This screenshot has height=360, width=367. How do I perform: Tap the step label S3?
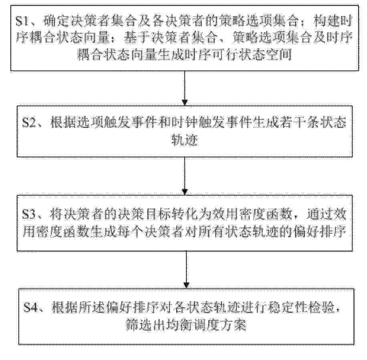pos(29,214)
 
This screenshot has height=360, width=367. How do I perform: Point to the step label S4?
pos(31,308)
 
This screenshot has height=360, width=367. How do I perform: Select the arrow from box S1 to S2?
pos(185,88)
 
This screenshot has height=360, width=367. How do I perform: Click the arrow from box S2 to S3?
pos(185,176)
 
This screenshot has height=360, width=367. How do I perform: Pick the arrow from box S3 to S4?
pos(186,269)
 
